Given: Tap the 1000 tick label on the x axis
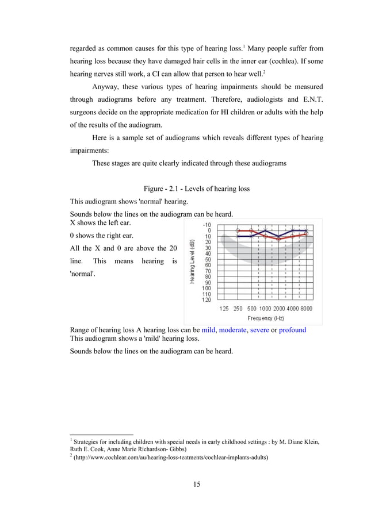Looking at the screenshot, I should point(265,309).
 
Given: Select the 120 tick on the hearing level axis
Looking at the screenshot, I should point(206,299).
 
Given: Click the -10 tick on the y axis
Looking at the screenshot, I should point(206,225).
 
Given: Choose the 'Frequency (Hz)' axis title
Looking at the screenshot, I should point(265,318).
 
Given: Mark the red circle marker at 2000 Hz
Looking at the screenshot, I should point(279,239).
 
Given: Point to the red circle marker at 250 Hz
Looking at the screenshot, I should point(238,230).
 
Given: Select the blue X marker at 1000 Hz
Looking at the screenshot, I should point(265,230).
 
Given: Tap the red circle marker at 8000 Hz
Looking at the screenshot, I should point(306,233).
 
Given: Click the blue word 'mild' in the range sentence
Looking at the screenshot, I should point(208,330).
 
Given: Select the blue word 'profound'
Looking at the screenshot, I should point(292,330).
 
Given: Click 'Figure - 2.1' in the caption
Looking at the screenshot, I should point(161,189).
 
